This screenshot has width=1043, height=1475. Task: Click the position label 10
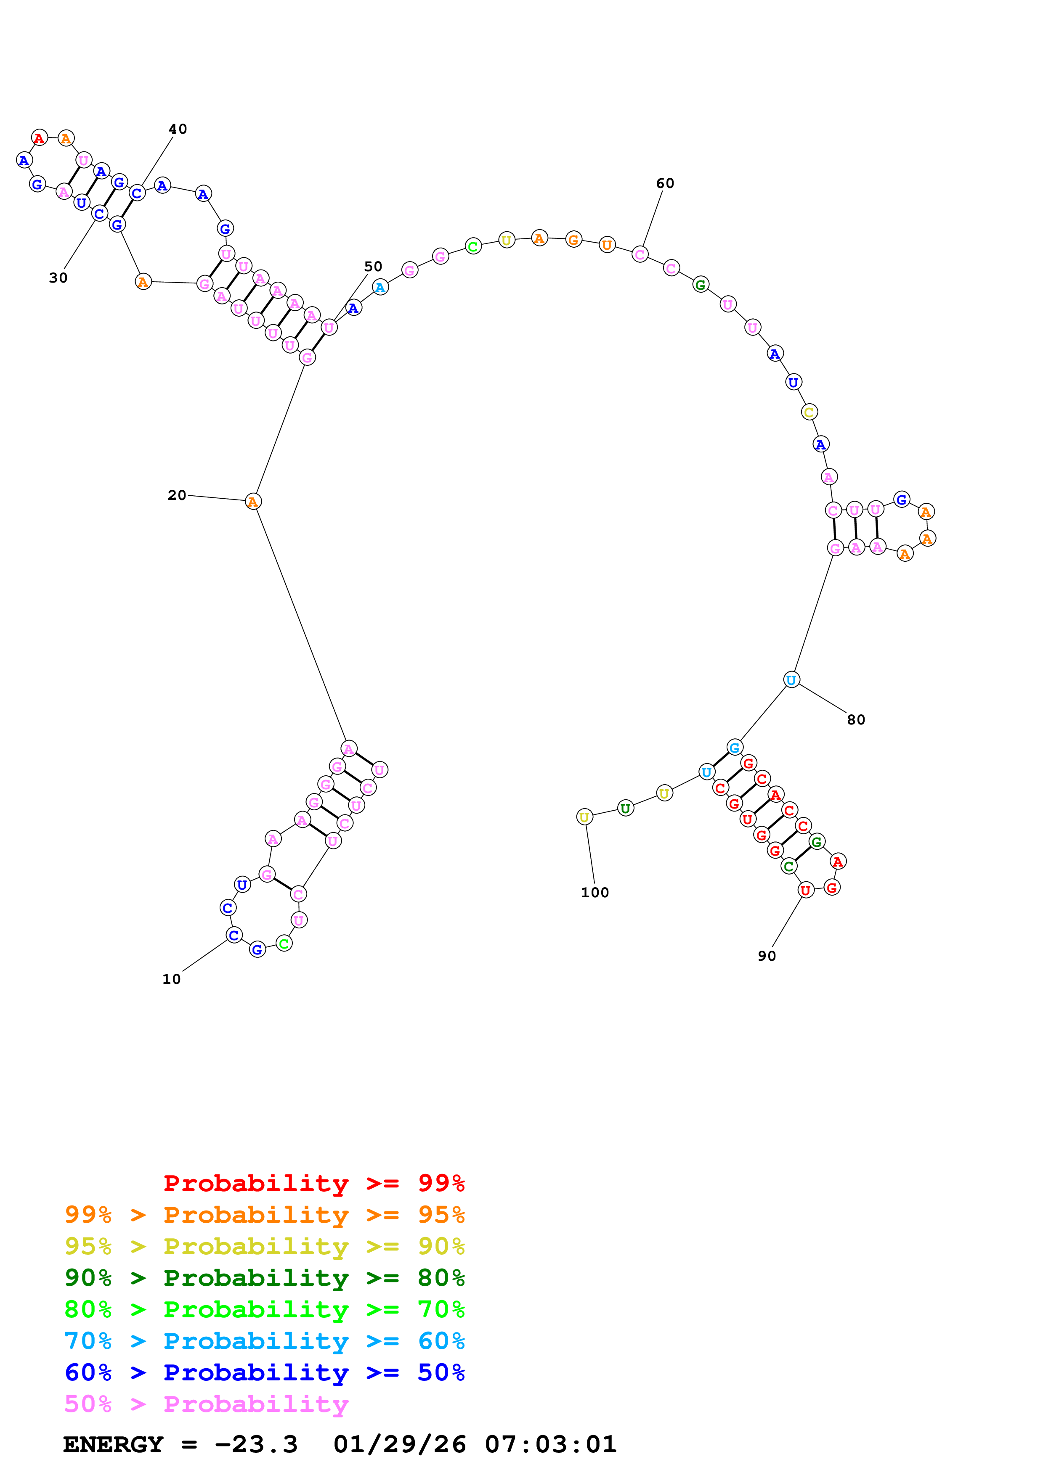click(171, 979)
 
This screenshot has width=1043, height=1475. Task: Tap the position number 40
click(178, 129)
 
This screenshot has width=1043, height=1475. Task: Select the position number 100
click(594, 892)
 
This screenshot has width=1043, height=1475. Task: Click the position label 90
click(767, 956)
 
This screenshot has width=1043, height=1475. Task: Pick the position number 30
click(58, 278)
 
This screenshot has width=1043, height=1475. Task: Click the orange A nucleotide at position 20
click(253, 502)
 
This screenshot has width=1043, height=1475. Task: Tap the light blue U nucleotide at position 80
click(791, 679)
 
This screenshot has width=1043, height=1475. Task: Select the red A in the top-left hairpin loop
click(39, 137)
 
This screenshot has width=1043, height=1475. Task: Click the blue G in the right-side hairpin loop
click(902, 499)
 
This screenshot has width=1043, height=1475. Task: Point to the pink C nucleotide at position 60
click(640, 254)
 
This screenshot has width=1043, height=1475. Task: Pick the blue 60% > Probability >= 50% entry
click(265, 1372)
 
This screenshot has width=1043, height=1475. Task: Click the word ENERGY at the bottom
click(113, 1444)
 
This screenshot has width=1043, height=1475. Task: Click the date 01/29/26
click(399, 1444)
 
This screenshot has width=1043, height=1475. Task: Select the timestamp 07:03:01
click(551, 1444)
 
